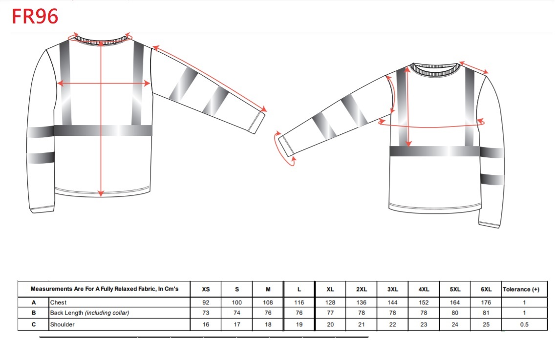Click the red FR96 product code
pyautogui.click(x=35, y=17)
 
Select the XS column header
pyautogui.click(x=206, y=289)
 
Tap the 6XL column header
pyautogui.click(x=486, y=289)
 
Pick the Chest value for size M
pyautogui.click(x=268, y=302)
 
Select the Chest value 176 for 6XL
pyautogui.click(x=486, y=302)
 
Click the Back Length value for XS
pyautogui.click(x=206, y=313)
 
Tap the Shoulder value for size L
pyautogui.click(x=299, y=325)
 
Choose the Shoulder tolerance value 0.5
pyautogui.click(x=524, y=325)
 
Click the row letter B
pyautogui.click(x=34, y=313)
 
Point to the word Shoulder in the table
pyautogui.click(x=63, y=325)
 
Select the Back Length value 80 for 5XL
pyautogui.click(x=455, y=313)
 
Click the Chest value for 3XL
pyautogui.click(x=392, y=302)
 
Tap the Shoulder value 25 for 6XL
pyautogui.click(x=486, y=325)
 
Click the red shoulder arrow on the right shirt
pyautogui.click(x=473, y=67)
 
